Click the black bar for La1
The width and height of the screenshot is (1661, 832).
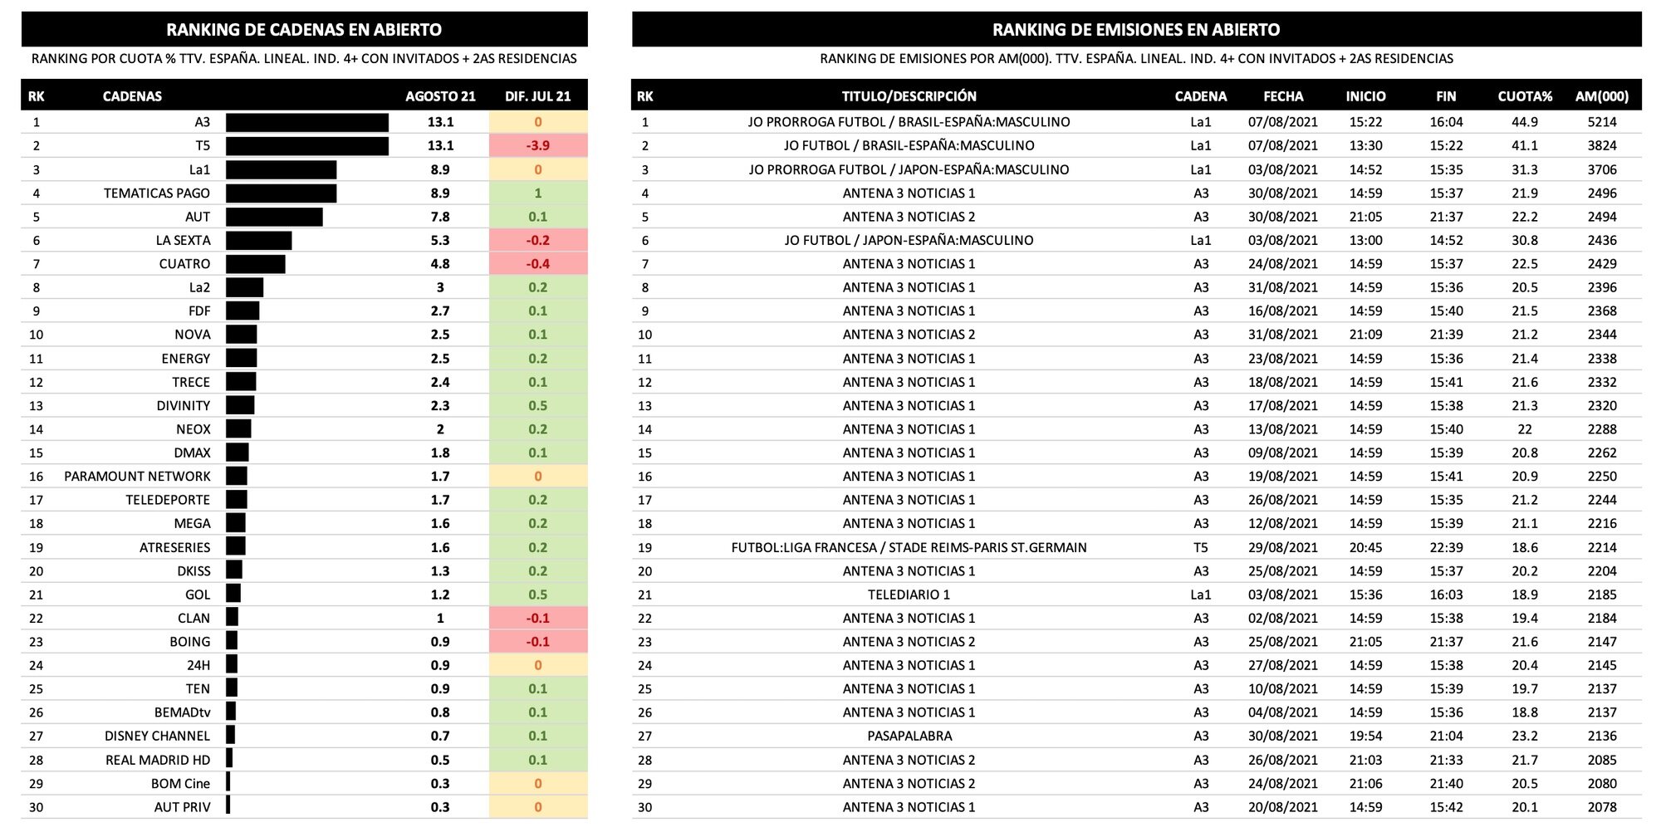[x=281, y=169]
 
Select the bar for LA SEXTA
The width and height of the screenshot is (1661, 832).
[x=258, y=240]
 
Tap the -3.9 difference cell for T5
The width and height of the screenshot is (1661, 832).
[x=537, y=145]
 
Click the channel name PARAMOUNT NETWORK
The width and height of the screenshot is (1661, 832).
[x=137, y=477]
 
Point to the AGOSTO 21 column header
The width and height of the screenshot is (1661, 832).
[x=440, y=96]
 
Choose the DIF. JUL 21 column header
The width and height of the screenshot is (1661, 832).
[x=537, y=96]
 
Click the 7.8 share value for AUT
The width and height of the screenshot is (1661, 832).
[x=440, y=217]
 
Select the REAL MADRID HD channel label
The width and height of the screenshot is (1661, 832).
[x=158, y=760]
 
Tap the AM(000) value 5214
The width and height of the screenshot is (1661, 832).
[x=1601, y=122]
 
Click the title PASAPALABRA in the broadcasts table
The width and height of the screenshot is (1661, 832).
[x=909, y=736]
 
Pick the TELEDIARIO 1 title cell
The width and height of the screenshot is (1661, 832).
[x=909, y=595]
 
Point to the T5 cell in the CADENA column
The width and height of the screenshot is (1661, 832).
[x=1200, y=547]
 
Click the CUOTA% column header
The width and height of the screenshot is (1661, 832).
[x=1524, y=96]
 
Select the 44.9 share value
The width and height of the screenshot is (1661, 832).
[x=1524, y=122]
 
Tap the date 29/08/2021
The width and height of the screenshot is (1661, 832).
[x=1282, y=547]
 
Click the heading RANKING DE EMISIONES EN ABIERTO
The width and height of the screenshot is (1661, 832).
[x=1135, y=30]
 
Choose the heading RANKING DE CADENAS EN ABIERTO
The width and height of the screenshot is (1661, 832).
[x=304, y=30]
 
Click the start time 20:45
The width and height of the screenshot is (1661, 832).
[x=1365, y=547]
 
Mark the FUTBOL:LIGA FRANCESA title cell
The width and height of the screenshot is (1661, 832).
[x=909, y=547]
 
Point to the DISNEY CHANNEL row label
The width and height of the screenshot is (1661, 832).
[x=157, y=736]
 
